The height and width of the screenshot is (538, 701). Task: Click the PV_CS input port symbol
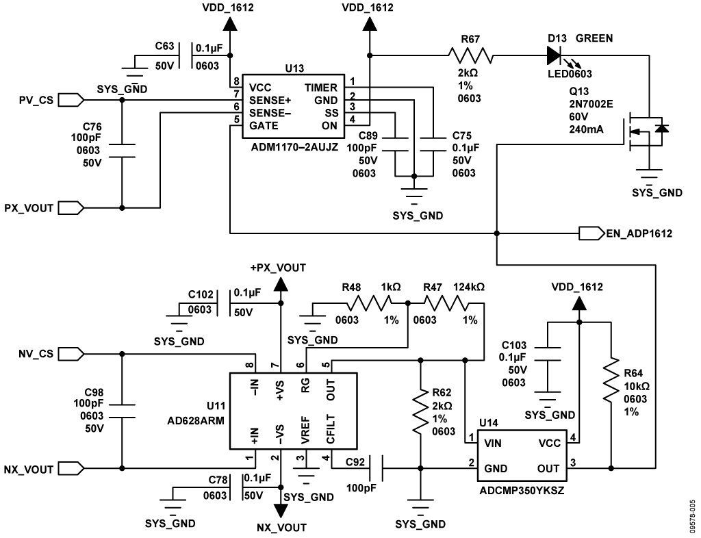(x=71, y=100)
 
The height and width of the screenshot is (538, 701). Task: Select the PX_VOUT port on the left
(x=71, y=207)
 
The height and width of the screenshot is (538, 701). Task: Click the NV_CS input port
(x=71, y=354)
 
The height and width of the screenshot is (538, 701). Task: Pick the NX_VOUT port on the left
(x=71, y=469)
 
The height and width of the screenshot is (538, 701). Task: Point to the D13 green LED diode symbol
(x=555, y=54)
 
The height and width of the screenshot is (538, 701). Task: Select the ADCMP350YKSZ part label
(x=520, y=491)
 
